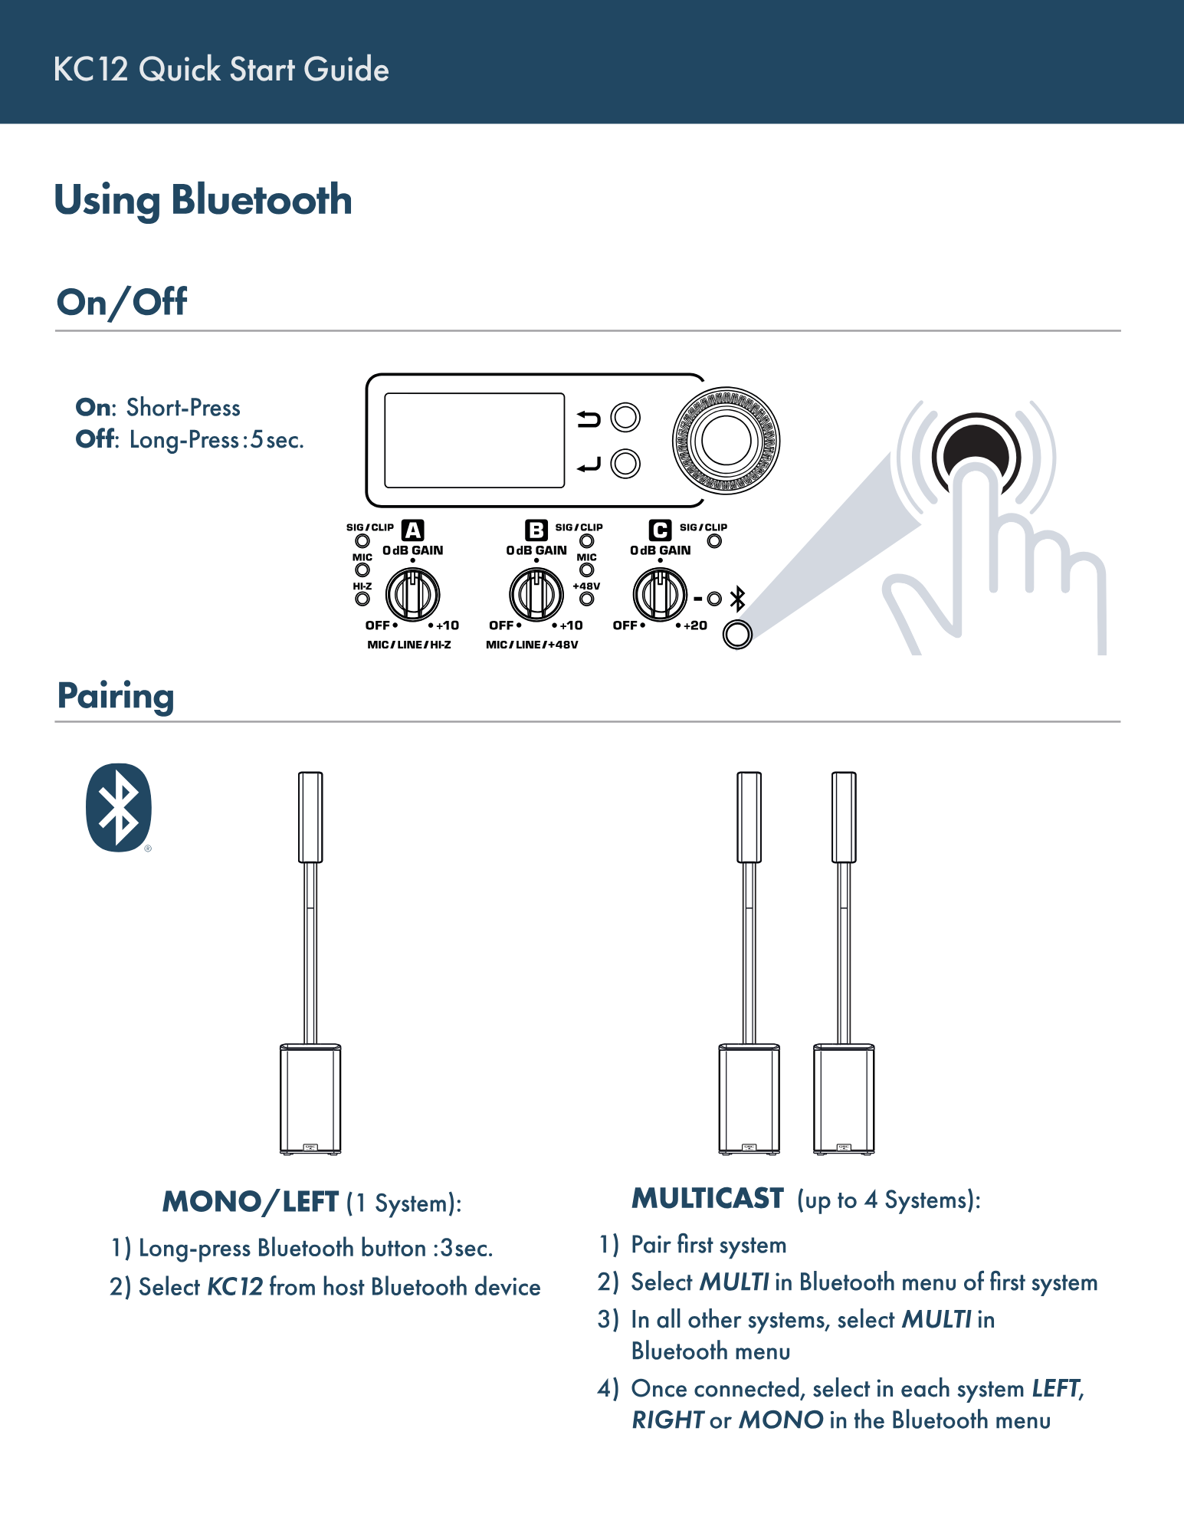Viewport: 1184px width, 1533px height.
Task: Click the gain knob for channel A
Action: (x=412, y=594)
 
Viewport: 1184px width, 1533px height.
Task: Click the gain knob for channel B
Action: (x=536, y=594)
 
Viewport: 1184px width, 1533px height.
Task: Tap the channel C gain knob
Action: (x=660, y=594)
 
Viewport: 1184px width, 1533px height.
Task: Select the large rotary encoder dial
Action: (x=726, y=441)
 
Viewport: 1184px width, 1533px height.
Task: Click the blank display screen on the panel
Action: (x=474, y=441)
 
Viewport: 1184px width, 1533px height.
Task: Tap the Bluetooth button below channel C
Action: (x=737, y=635)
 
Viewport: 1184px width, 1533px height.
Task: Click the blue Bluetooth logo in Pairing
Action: (x=119, y=807)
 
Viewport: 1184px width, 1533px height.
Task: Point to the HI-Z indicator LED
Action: (x=362, y=599)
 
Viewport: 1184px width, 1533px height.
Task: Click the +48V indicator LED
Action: (x=587, y=599)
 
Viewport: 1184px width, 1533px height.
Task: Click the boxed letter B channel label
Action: (x=536, y=530)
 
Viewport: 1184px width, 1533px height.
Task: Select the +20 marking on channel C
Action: (x=695, y=625)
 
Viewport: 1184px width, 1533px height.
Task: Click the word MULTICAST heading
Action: (x=707, y=1199)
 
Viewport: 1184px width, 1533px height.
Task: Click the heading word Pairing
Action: (x=116, y=696)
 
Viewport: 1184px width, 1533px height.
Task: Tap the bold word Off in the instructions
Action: (x=95, y=439)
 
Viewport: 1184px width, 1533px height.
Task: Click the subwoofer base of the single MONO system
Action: (x=310, y=1098)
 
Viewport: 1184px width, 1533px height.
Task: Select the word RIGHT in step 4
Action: (x=667, y=1420)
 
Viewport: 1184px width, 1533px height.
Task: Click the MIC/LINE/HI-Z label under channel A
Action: (x=409, y=645)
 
